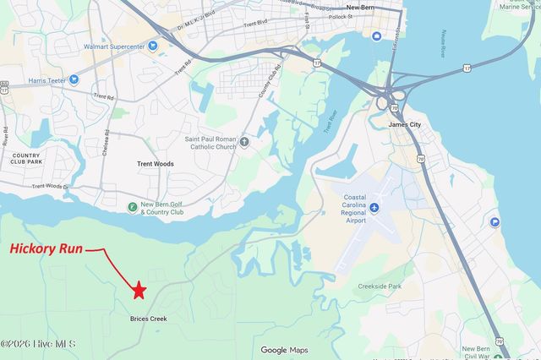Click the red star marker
coord(139,291)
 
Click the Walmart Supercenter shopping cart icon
coord(153,46)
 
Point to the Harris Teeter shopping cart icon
coord(74,79)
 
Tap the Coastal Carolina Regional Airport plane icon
coord(375,206)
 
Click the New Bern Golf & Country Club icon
coord(132,207)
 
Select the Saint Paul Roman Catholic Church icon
coord(244,141)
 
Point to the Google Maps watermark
coord(284,350)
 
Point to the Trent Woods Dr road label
coord(49,186)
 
